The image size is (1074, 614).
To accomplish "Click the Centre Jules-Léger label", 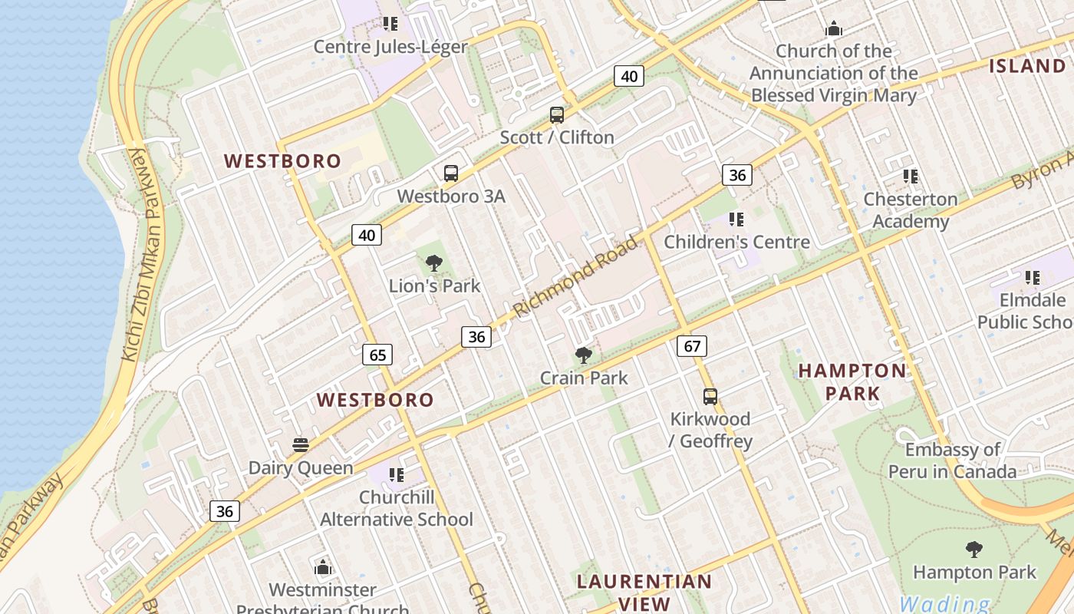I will (x=390, y=47).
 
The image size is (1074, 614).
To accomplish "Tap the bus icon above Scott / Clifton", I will (x=557, y=115).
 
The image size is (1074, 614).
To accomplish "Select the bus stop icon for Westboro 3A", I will (x=451, y=173).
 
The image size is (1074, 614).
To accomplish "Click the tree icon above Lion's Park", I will (x=434, y=263).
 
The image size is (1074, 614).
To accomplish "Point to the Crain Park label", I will (x=584, y=378).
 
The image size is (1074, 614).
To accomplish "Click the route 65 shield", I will (x=377, y=355).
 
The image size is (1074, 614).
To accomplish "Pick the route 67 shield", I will (x=692, y=346).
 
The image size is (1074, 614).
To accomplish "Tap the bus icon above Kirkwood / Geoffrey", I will (x=710, y=397).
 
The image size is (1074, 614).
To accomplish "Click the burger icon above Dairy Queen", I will (x=301, y=445).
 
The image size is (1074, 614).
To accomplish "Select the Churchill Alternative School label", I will (x=397, y=508).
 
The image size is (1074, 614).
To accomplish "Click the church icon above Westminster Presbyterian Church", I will (x=323, y=567).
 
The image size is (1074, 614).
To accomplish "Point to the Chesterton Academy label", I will (x=911, y=210).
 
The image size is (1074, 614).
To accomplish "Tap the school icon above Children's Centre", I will (x=736, y=220).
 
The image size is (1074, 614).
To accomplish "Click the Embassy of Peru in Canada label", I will (x=953, y=460).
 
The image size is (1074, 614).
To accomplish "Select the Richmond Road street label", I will (x=575, y=277).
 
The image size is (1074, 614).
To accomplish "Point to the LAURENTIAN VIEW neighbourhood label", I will (x=644, y=593).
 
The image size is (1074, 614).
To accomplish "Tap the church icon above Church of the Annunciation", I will (x=834, y=29).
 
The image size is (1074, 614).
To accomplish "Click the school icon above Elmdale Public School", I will (x=1033, y=277).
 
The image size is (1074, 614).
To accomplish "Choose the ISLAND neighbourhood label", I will (x=1028, y=66).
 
